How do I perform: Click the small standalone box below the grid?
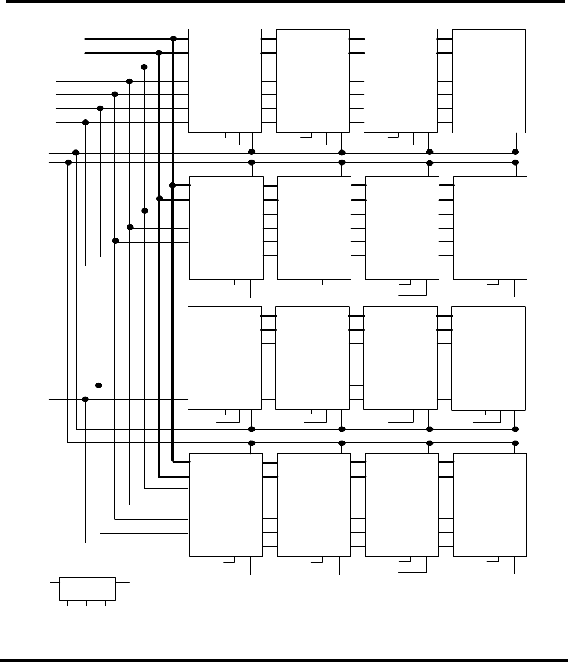87,589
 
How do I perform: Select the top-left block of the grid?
225,81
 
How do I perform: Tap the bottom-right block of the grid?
489,505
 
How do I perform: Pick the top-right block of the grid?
488,81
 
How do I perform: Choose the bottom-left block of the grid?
226,505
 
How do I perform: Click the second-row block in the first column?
227,228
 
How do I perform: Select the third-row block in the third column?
400,358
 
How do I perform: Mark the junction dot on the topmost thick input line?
174,39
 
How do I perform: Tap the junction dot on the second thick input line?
159,53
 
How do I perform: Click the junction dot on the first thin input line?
144,67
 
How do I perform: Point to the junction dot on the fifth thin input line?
86,122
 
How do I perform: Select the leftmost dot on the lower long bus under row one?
68,162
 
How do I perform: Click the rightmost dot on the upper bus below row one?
515,152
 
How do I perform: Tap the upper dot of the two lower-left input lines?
99,385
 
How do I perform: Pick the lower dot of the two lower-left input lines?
86,399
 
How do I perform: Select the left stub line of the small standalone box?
55,582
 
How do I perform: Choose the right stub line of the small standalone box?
122,582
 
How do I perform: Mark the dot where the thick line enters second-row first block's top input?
173,185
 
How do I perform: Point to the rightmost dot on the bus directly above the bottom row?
515,443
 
